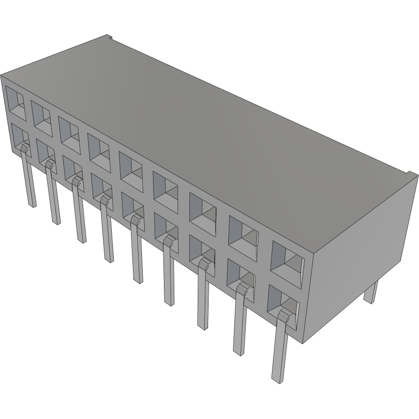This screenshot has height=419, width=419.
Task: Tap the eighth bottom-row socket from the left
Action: pyautogui.click(x=241, y=276)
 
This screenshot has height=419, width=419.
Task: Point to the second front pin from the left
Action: pyautogui.click(x=54, y=197)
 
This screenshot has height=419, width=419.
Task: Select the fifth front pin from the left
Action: pyautogui.click(x=137, y=254)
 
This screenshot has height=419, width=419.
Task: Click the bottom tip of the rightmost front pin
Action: pyautogui.click(x=278, y=380)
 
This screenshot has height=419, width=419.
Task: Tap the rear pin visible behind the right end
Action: pyautogui.click(x=371, y=292)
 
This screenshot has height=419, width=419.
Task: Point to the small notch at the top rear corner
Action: pyautogui.click(x=109, y=36)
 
